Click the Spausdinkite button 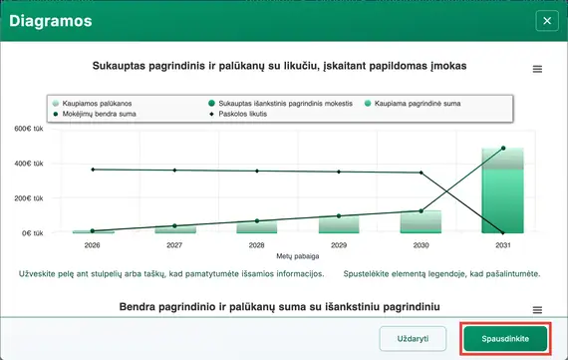(506, 338)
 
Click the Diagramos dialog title (52, 19)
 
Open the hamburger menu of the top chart (538, 69)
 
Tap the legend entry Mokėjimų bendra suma (95, 115)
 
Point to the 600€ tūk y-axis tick (28, 129)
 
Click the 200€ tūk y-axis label (28, 198)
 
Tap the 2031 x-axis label (503, 244)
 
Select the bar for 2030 (421, 221)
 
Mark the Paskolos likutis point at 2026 (93, 170)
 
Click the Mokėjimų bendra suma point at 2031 (503, 149)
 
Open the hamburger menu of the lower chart (538, 310)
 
